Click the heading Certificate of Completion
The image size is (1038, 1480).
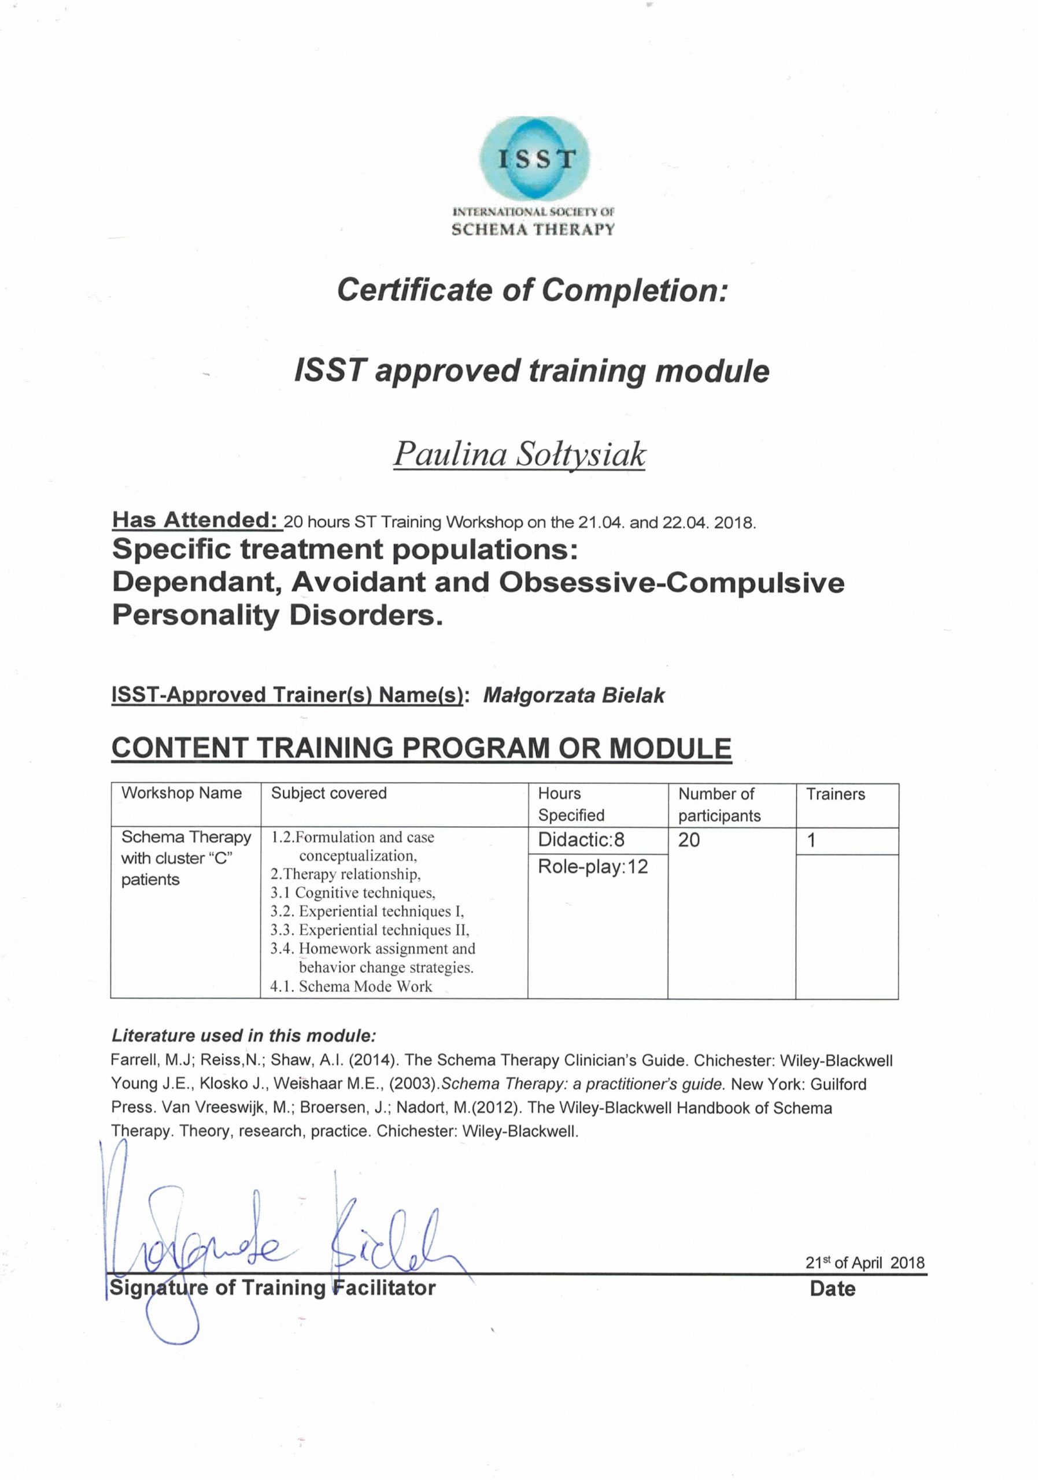[x=533, y=291]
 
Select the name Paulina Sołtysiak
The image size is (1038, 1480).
[x=519, y=455]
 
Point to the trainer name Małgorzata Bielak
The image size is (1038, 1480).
[x=573, y=695]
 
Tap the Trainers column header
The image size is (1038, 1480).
[x=835, y=794]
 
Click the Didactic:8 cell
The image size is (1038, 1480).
[x=582, y=840]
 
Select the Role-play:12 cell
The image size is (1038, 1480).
[x=593, y=867]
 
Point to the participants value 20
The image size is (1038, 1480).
[x=689, y=840]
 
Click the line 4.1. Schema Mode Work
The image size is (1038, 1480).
[x=352, y=986]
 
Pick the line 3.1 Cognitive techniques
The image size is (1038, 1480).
[x=353, y=893]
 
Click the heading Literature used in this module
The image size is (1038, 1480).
[x=243, y=1036]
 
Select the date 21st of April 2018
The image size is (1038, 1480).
[x=865, y=1263]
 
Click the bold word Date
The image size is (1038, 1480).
[x=832, y=1289]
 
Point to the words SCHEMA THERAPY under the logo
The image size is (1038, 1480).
[x=533, y=230]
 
